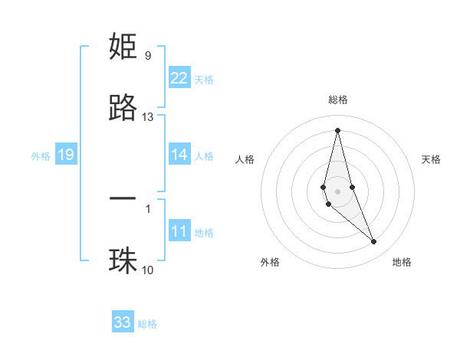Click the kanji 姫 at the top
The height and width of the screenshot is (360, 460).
123,47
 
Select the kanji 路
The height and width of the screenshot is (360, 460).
123,108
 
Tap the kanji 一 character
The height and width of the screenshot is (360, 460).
123,198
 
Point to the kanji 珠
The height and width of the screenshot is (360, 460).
123,260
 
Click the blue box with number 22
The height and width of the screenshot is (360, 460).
179,78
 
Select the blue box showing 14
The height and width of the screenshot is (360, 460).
179,155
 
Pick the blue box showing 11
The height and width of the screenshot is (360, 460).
179,231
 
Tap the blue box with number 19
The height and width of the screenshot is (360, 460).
66,155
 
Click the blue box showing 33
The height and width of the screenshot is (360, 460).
123,322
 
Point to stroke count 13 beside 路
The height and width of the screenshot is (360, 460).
148,117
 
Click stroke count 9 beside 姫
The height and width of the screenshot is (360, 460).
148,55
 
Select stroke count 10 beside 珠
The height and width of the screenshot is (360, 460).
147,270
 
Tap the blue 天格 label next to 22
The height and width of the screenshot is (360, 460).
204,80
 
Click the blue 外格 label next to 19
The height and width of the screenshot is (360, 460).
41,156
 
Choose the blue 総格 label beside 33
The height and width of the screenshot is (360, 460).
147,324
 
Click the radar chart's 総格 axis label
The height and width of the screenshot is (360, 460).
338,100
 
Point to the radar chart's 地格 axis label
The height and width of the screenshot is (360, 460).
402,262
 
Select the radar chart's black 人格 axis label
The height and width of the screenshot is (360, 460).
245,159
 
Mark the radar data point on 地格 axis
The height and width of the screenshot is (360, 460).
374,242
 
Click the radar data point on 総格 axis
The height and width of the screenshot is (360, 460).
337,129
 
